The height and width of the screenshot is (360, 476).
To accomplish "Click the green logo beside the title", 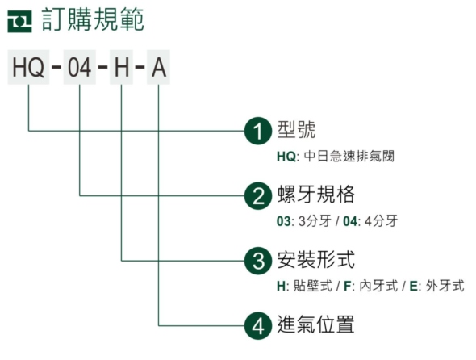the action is point(19,21).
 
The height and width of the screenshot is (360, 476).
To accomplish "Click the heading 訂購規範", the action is point(93,19).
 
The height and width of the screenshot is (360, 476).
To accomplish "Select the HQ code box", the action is point(28,67).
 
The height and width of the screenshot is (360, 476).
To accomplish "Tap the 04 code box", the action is point(80,67).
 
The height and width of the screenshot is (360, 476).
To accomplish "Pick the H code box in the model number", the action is point(122,67).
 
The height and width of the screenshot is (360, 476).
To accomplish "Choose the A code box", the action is point(158,67).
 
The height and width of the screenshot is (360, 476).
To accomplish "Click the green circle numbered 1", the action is point(258,131).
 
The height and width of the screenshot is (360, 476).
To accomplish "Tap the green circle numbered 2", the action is point(258,195).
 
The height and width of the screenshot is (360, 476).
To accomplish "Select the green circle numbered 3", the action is point(258,261).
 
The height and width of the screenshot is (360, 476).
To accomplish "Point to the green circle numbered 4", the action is point(258,325).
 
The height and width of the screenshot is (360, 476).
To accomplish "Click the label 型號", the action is point(296,130).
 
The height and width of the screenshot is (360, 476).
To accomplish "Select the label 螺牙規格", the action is point(315,195).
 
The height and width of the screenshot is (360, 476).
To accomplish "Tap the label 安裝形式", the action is point(315,259).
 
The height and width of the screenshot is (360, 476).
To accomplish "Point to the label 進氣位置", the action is point(315,324).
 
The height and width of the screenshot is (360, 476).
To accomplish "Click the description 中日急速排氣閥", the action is point(349,156).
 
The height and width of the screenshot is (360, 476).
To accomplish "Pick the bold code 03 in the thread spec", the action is point(283,221).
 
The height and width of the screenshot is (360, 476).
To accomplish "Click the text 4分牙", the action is point(381,221).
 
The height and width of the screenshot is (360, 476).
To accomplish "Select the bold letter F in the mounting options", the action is point(347,286).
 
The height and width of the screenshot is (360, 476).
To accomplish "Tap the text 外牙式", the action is point(445,286).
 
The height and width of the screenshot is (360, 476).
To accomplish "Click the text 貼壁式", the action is point(313,286).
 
